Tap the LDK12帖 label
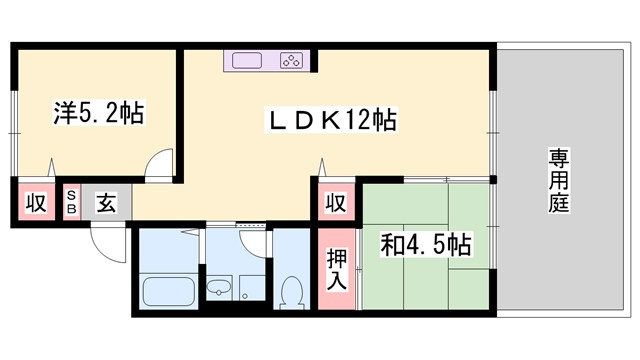click(x=331, y=122)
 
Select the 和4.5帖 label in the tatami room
click(x=426, y=243)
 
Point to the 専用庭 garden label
click(x=557, y=181)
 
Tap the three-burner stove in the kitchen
click(x=292, y=61)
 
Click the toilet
click(x=293, y=294)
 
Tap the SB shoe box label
click(x=71, y=201)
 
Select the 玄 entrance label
click(x=105, y=202)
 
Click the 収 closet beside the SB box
click(x=36, y=202)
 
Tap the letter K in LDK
click(x=327, y=122)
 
